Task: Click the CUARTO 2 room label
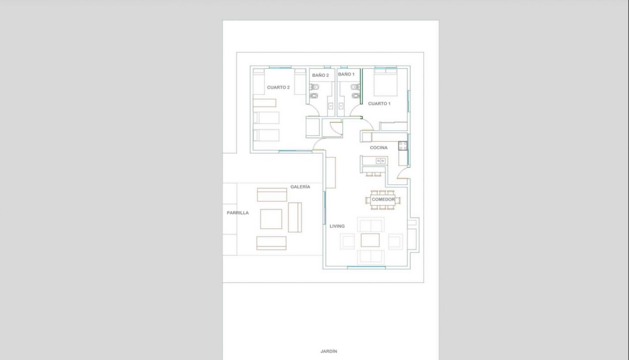point(278,87)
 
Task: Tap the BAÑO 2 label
point(321,75)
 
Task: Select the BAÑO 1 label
point(346,74)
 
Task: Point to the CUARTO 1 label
point(379,104)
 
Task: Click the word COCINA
point(379,148)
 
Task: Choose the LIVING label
point(337,226)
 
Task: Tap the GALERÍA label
point(300,187)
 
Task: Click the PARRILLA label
point(238,213)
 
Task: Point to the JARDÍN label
point(329,351)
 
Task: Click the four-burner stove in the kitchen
point(403,146)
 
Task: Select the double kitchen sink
point(380,161)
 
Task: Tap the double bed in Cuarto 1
point(386,82)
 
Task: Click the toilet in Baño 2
point(314,87)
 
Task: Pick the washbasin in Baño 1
point(341,106)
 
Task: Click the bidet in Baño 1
point(356,96)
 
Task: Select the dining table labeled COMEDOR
point(383,200)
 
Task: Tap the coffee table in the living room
point(370,240)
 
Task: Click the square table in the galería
point(271,219)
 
